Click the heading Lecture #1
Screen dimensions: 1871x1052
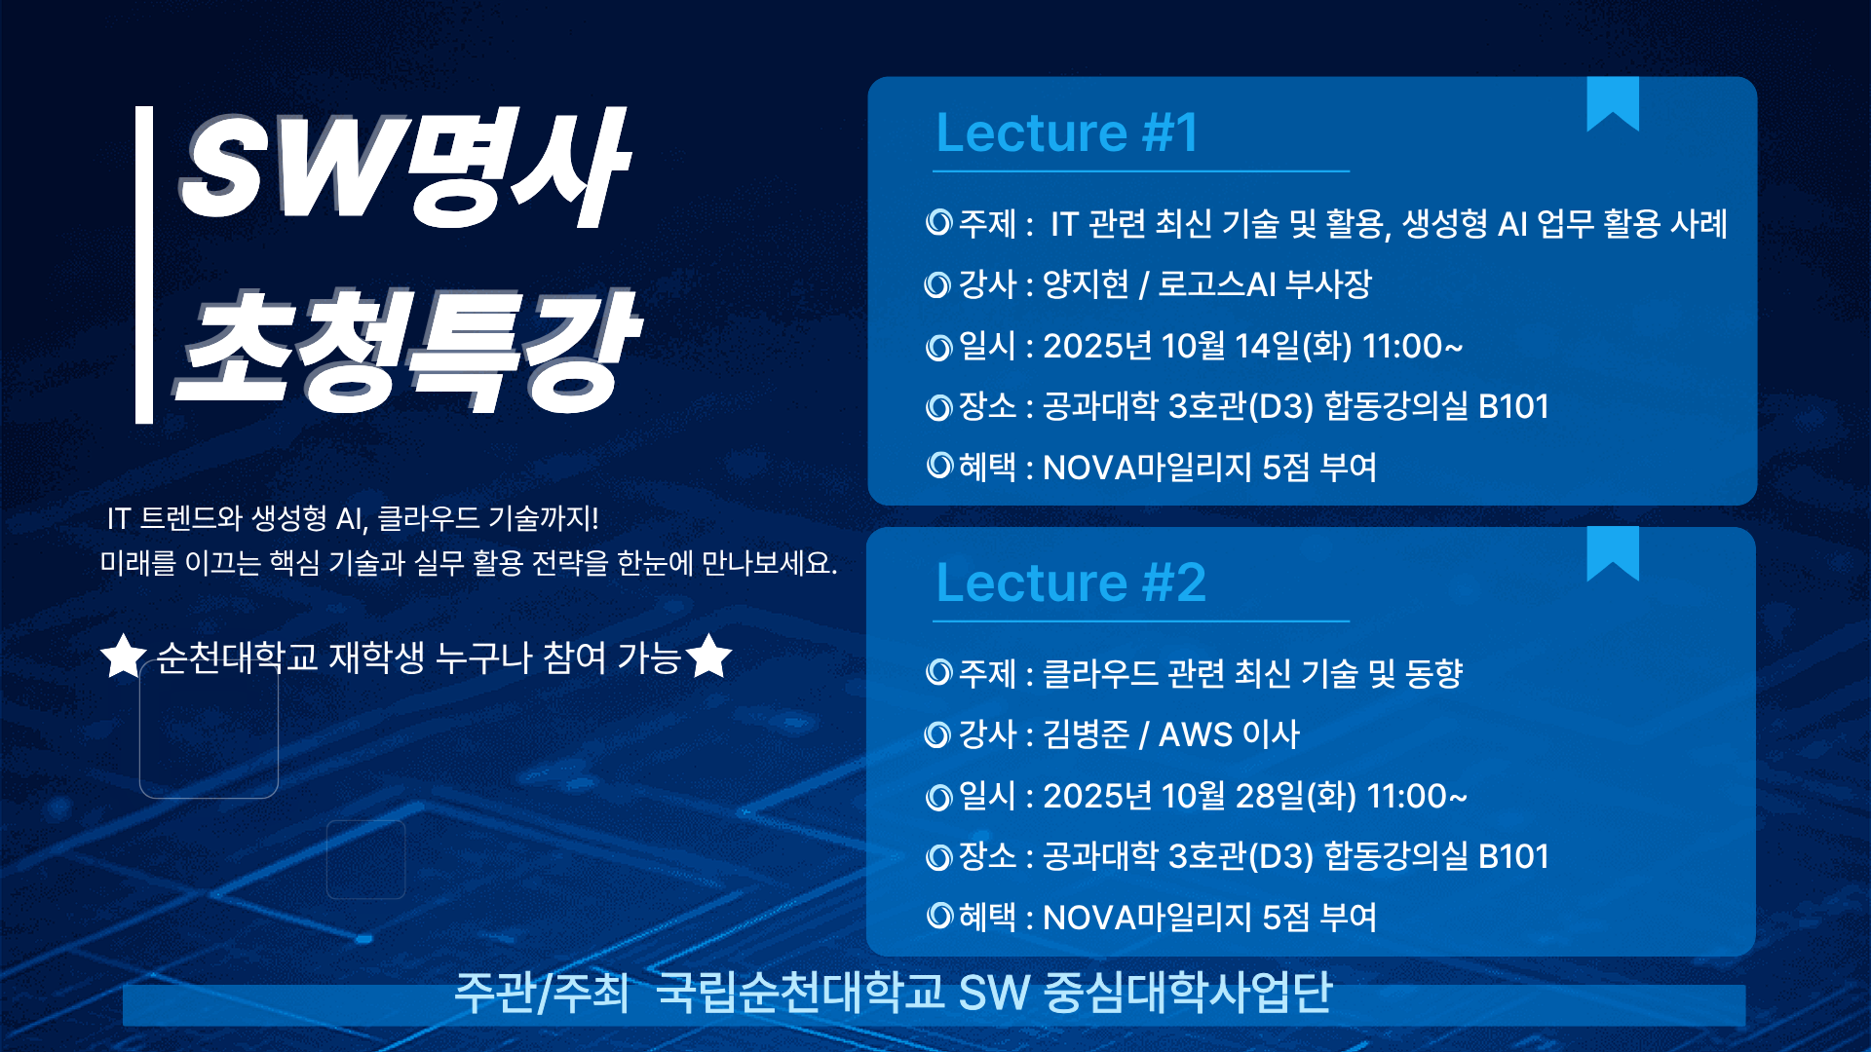click(1067, 132)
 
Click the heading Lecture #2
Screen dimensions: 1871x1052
click(1071, 582)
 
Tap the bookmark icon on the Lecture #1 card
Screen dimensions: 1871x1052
click(1613, 102)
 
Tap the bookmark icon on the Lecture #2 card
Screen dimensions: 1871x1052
click(1613, 552)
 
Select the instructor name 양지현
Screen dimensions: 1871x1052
click(1086, 284)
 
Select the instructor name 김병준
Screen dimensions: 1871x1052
click(1086, 734)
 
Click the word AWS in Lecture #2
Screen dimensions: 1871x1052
click(1196, 734)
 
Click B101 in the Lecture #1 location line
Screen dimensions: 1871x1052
click(1513, 406)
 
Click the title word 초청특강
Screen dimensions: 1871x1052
click(407, 349)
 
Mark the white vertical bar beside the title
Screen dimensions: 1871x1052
click(144, 265)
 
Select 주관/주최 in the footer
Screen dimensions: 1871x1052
click(541, 992)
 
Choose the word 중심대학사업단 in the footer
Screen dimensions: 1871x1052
click(1188, 992)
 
